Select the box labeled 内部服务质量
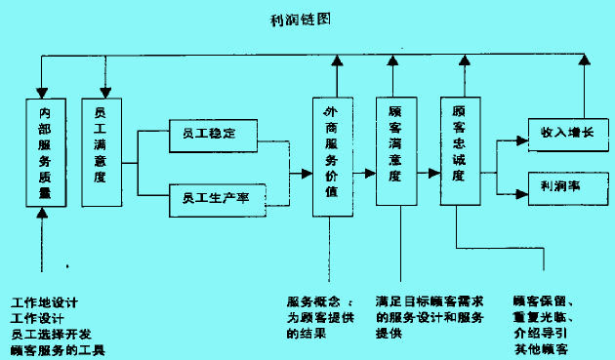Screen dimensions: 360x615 pyautogui.click(x=44, y=154)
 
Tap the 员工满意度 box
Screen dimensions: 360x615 pyautogui.click(x=101, y=150)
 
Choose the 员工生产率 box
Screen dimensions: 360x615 pyautogui.click(x=215, y=199)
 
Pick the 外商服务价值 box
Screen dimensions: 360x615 pyautogui.click(x=331, y=156)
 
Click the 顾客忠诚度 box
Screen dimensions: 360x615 pyautogui.click(x=458, y=150)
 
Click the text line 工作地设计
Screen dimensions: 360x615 pyautogui.click(x=43, y=301)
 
